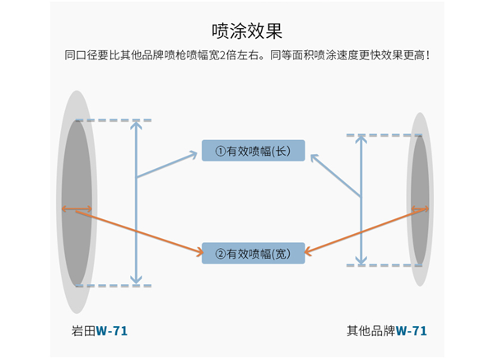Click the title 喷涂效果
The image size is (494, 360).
point(247,31)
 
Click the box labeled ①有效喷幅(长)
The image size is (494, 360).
point(254,151)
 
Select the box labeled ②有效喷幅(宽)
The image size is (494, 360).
point(254,253)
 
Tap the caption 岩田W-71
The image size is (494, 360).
point(100,331)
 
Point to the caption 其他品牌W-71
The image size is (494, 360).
point(386,331)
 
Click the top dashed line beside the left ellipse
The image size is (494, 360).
point(115,121)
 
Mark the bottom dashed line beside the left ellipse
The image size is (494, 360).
point(115,286)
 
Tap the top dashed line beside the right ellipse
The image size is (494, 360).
point(379,135)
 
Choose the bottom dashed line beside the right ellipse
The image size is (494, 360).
point(379,265)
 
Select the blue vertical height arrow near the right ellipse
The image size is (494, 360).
point(361,231)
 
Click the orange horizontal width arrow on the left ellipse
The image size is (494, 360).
point(77,209)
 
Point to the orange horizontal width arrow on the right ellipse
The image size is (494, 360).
point(420,209)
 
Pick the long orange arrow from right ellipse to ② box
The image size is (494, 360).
point(362,230)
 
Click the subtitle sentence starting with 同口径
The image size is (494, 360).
point(247,58)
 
